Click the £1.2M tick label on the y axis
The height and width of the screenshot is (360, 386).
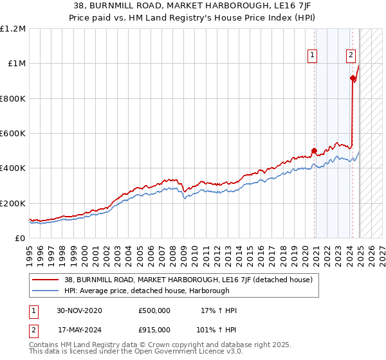(x=13, y=29)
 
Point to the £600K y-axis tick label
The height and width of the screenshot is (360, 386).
(x=13, y=134)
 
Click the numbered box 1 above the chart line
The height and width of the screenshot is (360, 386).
(x=312, y=56)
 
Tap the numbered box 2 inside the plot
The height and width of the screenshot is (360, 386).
(x=351, y=56)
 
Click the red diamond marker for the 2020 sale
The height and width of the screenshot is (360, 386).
(x=315, y=151)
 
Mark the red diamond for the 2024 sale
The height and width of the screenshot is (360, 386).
(x=353, y=78)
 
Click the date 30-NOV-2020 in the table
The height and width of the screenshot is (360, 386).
(x=80, y=310)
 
